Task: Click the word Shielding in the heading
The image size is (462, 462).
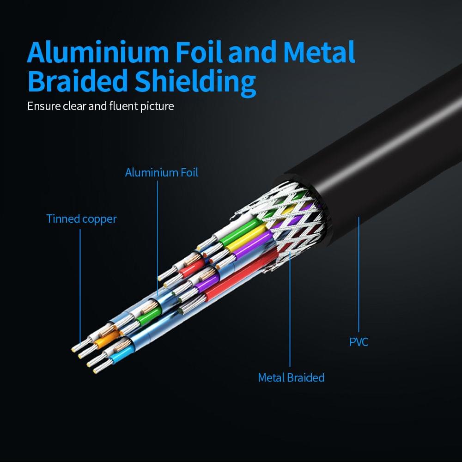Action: [195, 83]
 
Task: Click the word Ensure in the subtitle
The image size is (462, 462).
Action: [44, 106]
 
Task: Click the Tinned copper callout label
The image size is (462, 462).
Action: [81, 219]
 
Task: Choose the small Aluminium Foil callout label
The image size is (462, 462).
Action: [161, 173]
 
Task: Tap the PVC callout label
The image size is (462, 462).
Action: [359, 342]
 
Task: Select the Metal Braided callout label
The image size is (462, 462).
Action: [291, 377]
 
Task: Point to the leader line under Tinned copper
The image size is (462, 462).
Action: [80, 287]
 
